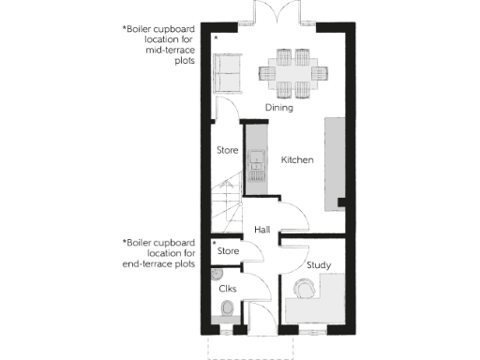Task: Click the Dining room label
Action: pyautogui.click(x=278, y=108)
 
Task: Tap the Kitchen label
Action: pyautogui.click(x=297, y=160)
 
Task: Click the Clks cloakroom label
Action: pyautogui.click(x=226, y=289)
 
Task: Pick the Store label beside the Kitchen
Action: pyautogui.click(x=227, y=150)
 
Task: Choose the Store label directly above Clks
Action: pyautogui.click(x=228, y=251)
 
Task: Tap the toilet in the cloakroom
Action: pyautogui.click(x=226, y=320)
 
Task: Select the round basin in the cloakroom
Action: pyautogui.click(x=217, y=274)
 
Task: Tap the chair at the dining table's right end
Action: pyautogui.click(x=325, y=69)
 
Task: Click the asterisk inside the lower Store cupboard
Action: pyautogui.click(x=214, y=243)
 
